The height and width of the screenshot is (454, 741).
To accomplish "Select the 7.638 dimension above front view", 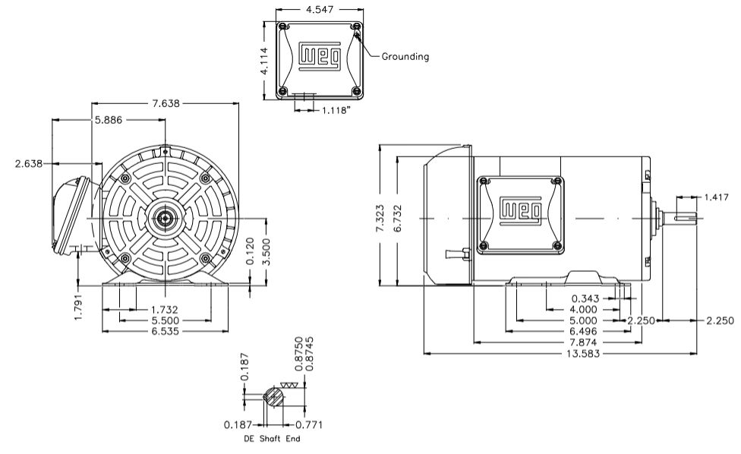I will coord(165,103).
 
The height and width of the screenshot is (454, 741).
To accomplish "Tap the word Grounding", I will coord(405,56).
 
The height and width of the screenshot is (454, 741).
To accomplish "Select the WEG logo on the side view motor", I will coord(520,210).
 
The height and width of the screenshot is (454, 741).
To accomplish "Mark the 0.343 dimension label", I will coord(587,298).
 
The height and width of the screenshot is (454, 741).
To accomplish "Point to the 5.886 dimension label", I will coord(110,120).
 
